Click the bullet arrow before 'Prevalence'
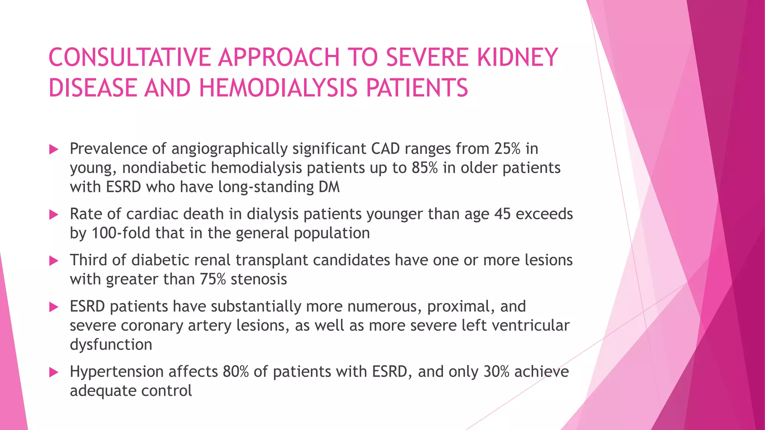point(54,150)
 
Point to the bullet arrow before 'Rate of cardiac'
point(54,215)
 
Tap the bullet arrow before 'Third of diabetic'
point(54,261)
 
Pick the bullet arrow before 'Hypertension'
point(54,372)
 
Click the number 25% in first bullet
point(507,149)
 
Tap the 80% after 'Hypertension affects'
point(236,372)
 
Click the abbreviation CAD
point(385,149)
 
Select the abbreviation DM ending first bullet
point(329,187)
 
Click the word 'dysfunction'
point(111,345)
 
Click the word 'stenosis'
point(258,279)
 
